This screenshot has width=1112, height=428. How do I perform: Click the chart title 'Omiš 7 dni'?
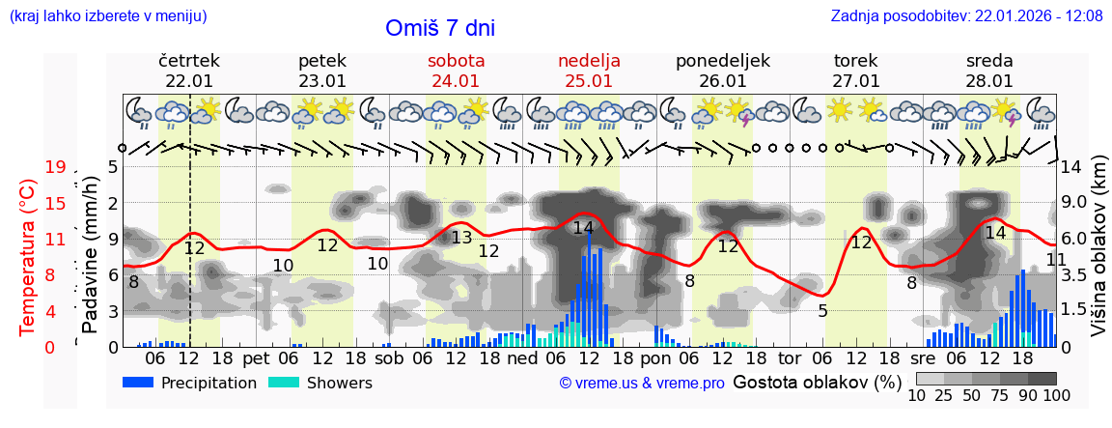440,28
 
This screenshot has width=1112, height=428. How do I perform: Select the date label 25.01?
589,81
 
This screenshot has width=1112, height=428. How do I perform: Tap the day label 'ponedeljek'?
723,61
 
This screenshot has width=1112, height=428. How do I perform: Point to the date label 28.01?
989,81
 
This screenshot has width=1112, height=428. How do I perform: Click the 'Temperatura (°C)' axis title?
28,257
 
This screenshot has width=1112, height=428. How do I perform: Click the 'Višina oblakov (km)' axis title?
1098,256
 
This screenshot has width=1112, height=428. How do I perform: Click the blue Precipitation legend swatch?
139,383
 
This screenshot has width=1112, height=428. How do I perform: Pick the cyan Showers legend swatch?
284,383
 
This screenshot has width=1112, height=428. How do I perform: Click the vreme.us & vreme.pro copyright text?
642,384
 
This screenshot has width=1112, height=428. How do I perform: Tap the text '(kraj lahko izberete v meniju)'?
108,15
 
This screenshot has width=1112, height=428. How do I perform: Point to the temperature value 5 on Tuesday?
822,311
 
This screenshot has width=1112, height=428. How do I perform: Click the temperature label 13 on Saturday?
461,238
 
